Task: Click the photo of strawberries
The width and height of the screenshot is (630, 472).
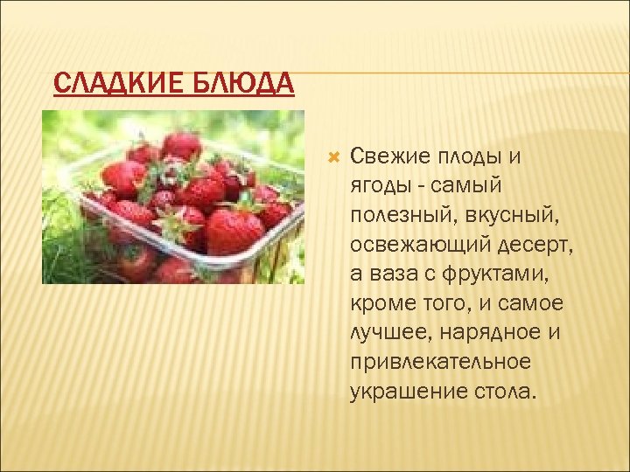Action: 173,197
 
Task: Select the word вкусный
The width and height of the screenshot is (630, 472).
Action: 507,215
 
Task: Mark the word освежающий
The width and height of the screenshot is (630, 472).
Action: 418,245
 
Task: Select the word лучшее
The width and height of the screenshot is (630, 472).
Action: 386,333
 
